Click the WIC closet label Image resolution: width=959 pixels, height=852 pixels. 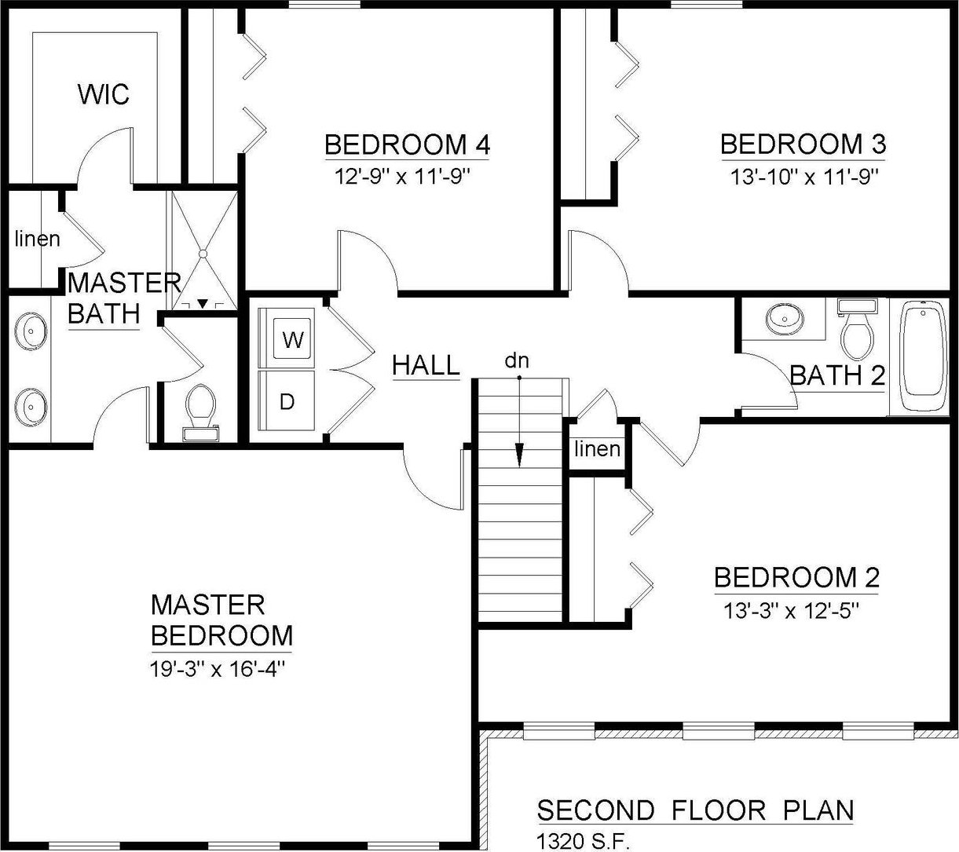click(x=103, y=93)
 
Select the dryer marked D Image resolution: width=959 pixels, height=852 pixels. click(x=287, y=400)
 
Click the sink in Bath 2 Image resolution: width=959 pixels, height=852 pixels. click(x=785, y=319)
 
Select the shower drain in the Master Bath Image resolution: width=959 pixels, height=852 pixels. click(x=203, y=254)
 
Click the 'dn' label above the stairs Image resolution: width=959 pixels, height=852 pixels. click(x=517, y=360)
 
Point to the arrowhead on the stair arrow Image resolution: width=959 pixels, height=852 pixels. click(x=520, y=455)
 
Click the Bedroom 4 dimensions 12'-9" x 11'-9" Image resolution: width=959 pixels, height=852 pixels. click(x=402, y=177)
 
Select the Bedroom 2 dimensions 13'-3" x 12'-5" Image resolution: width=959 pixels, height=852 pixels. click(x=791, y=611)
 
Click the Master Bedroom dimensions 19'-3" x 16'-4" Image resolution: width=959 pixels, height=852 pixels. click(x=218, y=669)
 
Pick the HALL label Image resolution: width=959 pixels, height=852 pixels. click(x=426, y=365)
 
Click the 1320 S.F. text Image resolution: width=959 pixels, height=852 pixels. click(x=583, y=842)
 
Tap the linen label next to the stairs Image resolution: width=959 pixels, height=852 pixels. click(x=597, y=448)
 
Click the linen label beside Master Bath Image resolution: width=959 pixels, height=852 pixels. click(x=38, y=239)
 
